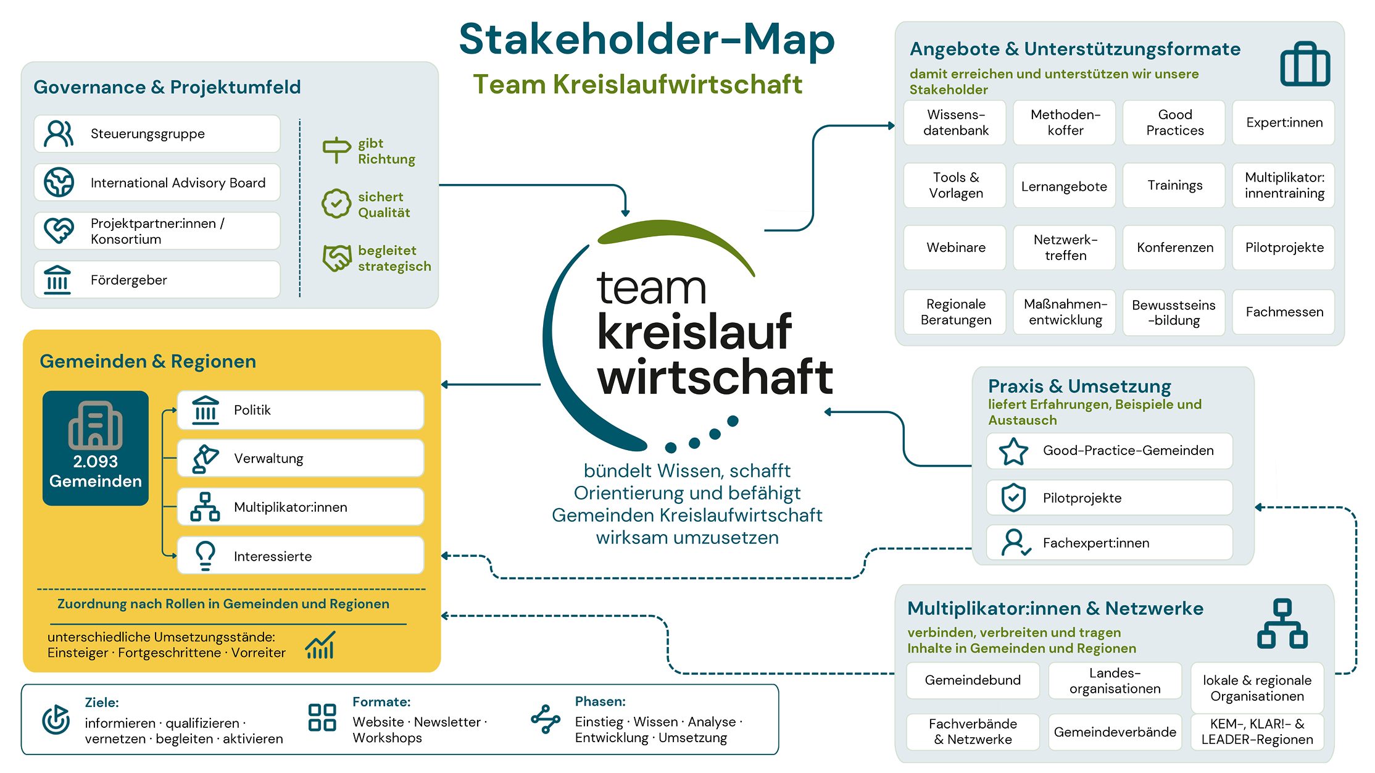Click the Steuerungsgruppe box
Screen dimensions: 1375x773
[x=157, y=133]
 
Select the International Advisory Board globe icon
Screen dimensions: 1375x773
[x=59, y=182]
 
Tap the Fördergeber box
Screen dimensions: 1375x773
[x=157, y=280]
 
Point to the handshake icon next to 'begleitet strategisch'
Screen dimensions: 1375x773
[x=337, y=257]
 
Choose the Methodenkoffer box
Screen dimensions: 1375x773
[x=1065, y=122]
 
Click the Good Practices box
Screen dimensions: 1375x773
[x=1174, y=122]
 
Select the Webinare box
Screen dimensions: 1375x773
[x=955, y=248]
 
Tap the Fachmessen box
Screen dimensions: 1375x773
[x=1284, y=312]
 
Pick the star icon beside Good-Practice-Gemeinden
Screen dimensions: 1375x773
[x=1013, y=451]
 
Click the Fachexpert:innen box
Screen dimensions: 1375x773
[x=1109, y=543]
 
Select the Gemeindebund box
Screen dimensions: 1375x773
[x=973, y=680]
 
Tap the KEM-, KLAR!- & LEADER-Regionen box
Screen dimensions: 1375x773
[x=1257, y=732]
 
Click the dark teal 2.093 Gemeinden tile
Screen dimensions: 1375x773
[x=96, y=448]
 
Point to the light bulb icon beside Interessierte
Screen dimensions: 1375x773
[x=206, y=556]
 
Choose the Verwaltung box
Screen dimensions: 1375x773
[x=301, y=458]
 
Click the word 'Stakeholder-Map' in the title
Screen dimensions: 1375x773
[x=647, y=39]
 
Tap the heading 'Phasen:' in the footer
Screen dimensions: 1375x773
[x=600, y=701]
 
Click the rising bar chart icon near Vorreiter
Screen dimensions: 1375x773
[x=321, y=645]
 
